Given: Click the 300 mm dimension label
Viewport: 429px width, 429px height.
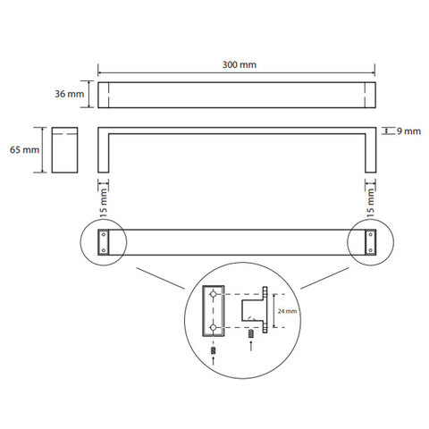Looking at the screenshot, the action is (240, 64).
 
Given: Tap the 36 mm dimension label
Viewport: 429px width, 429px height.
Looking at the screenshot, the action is (70, 94).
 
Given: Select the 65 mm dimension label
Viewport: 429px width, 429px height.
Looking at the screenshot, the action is (24, 149).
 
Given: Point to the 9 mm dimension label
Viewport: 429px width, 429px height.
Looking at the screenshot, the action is (408, 131).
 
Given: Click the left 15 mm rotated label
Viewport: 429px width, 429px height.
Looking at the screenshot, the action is (103, 203).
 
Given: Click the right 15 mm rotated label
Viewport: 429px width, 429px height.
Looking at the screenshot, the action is (370, 203).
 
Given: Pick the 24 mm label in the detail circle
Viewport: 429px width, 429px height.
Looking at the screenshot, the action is (287, 311).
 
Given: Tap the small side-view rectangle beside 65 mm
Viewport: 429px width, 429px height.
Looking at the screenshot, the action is (64, 150).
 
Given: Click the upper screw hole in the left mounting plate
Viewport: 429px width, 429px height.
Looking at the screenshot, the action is (104, 234).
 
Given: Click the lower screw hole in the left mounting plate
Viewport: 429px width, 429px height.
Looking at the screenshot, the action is (104, 250).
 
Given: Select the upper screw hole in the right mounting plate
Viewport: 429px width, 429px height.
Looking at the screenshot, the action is (371, 234).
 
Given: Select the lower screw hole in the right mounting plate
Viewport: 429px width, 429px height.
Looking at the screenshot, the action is (371, 250).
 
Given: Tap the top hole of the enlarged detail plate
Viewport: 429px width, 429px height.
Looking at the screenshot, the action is (213, 294).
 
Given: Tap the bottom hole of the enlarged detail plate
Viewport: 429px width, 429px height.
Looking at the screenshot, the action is (213, 327).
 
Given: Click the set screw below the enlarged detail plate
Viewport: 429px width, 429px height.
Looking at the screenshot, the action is (213, 350).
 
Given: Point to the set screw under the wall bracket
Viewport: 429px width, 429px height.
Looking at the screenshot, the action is (251, 334).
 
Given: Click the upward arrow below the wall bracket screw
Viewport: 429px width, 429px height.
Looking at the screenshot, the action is (251, 346).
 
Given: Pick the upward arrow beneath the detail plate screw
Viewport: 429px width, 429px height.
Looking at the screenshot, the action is (213, 361).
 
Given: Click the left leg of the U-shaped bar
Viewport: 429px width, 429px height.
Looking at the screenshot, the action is (104, 152).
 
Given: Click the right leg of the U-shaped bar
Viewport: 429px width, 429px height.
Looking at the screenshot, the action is (371, 152).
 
